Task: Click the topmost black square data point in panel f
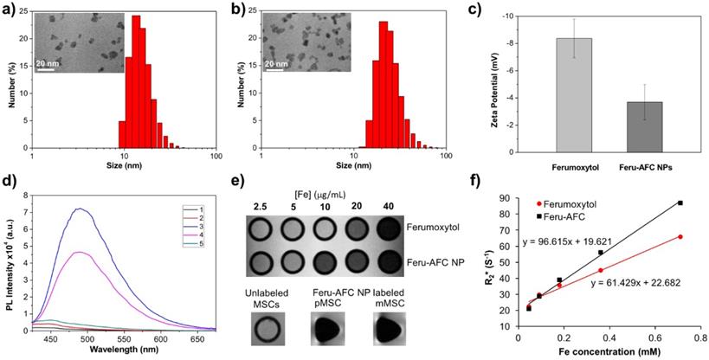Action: tap(680, 202)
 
